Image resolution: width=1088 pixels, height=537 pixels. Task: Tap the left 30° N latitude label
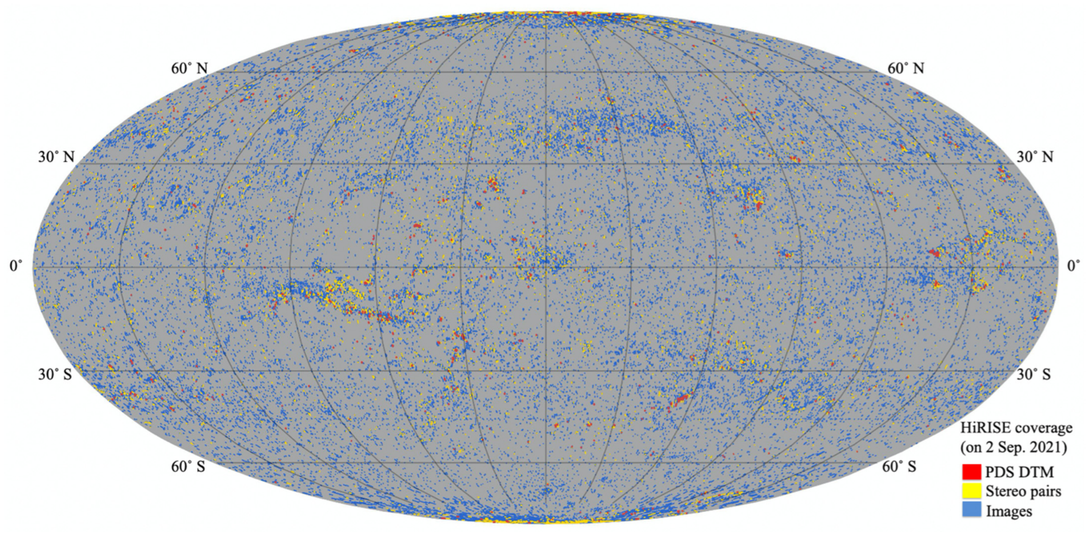[56, 158]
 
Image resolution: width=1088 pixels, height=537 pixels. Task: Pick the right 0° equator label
[1073, 266]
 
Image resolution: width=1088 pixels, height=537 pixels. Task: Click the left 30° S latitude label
[55, 374]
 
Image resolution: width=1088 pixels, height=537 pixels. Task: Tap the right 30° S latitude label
[1033, 374]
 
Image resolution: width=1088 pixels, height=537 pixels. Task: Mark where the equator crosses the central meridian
[545, 267]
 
